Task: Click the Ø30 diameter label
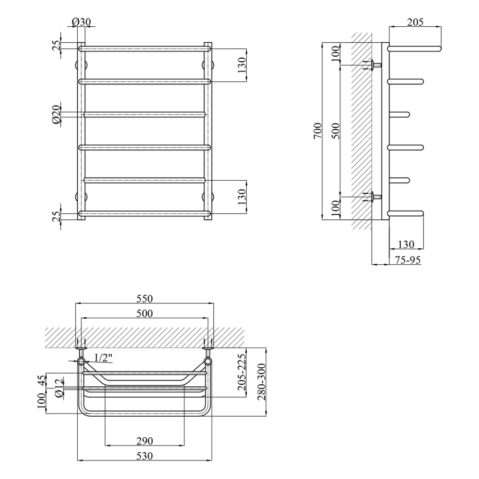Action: point(81,22)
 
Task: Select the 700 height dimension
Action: point(318,131)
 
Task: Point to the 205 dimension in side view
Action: point(415,22)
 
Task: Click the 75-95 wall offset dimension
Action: point(407,260)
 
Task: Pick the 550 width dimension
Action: point(145,298)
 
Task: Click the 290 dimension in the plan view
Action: point(145,441)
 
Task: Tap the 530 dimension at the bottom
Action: point(145,456)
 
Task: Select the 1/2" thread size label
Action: point(103,357)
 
